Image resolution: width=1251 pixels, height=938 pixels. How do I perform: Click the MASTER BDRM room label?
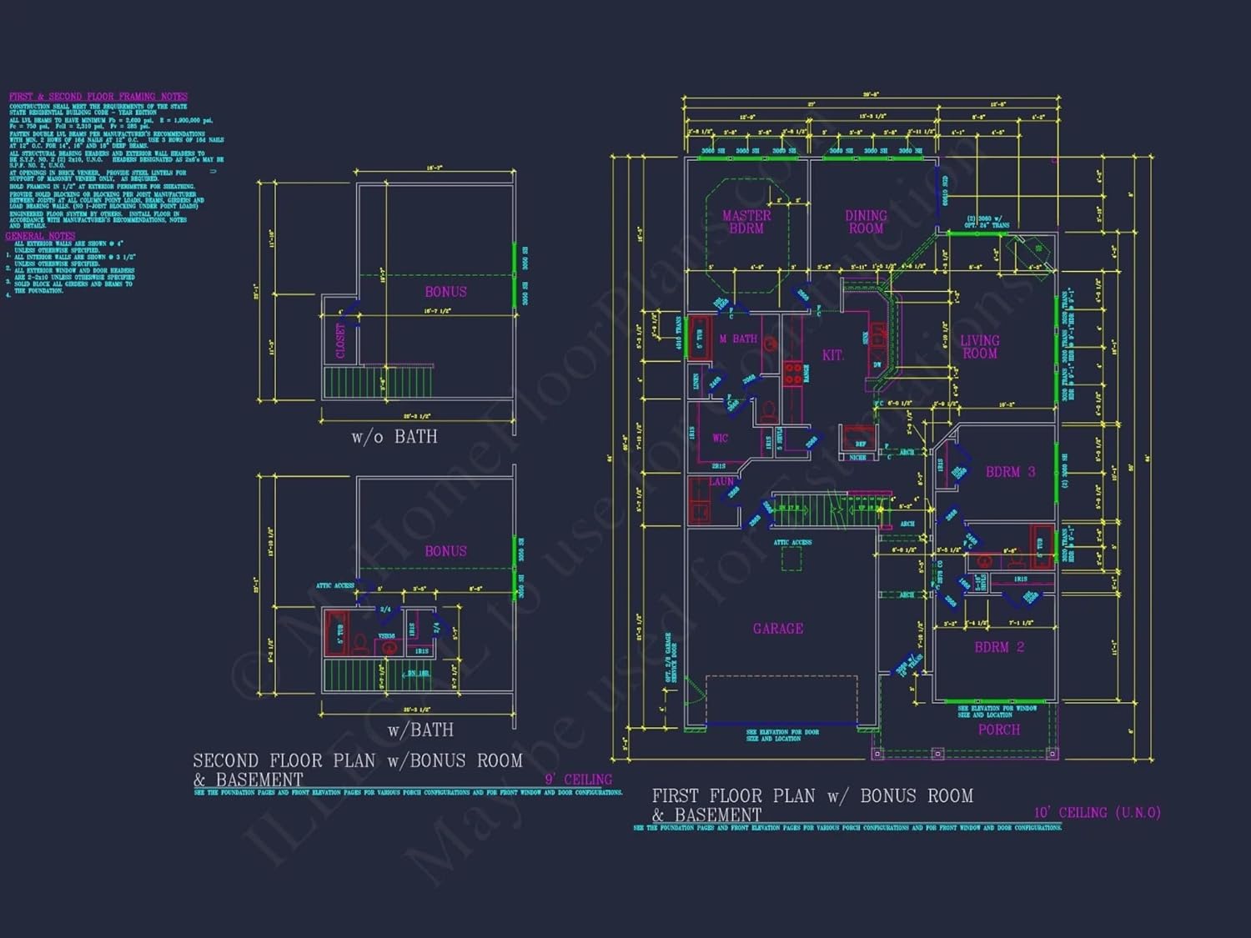[746, 222]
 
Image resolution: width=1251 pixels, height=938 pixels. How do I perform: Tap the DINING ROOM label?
[866, 222]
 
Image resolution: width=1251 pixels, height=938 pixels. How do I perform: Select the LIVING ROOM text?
[979, 347]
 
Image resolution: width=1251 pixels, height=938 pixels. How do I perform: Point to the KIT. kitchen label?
[832, 355]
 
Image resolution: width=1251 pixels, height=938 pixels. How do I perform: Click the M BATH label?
[738, 339]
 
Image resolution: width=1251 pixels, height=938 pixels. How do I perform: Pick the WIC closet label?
[720, 438]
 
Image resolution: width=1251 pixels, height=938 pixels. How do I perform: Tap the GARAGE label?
[778, 629]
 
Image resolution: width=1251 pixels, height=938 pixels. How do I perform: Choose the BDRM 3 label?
[1010, 472]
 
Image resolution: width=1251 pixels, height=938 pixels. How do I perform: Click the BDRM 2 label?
[999, 647]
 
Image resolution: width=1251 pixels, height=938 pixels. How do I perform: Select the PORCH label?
[998, 730]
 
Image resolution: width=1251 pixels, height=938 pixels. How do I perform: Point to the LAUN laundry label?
[721, 482]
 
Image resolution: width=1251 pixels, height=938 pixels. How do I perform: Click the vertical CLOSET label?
[340, 341]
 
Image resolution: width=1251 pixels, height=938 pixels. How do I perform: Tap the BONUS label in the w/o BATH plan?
[445, 292]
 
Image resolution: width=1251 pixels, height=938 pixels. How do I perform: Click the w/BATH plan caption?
[420, 730]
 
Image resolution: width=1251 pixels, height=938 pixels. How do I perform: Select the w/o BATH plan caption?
[394, 437]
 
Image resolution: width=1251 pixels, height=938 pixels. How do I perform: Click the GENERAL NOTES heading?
[40, 236]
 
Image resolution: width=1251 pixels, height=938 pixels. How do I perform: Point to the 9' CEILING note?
[578, 780]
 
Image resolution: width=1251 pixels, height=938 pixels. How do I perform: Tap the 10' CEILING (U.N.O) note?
[1097, 812]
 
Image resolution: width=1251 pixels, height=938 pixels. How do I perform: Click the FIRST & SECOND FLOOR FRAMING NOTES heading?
[98, 97]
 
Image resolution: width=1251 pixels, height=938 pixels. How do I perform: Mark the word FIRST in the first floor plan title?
[676, 796]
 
